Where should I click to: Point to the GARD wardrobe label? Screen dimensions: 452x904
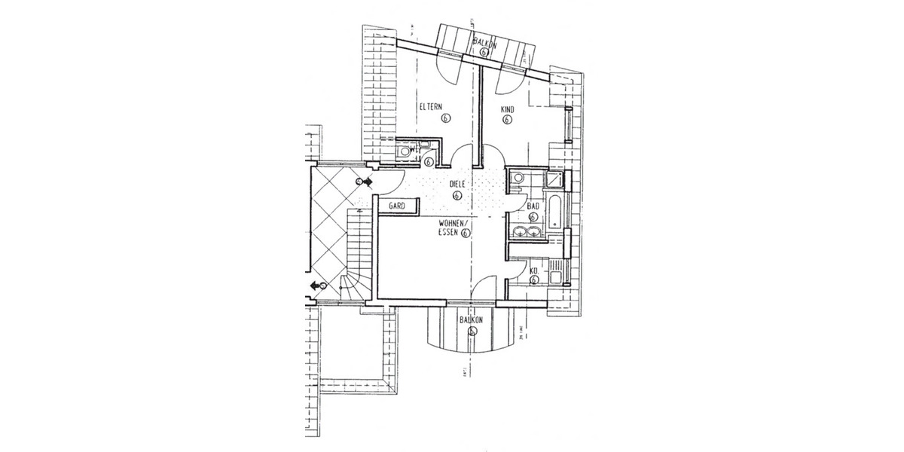point(397,205)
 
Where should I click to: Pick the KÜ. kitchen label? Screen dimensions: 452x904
point(533,270)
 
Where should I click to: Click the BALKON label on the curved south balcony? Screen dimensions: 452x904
point(472,319)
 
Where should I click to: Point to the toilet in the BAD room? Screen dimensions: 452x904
point(517,178)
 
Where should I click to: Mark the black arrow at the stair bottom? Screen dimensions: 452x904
point(314,286)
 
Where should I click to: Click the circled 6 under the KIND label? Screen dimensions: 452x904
point(507,119)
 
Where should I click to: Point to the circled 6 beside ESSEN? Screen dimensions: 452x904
point(466,234)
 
